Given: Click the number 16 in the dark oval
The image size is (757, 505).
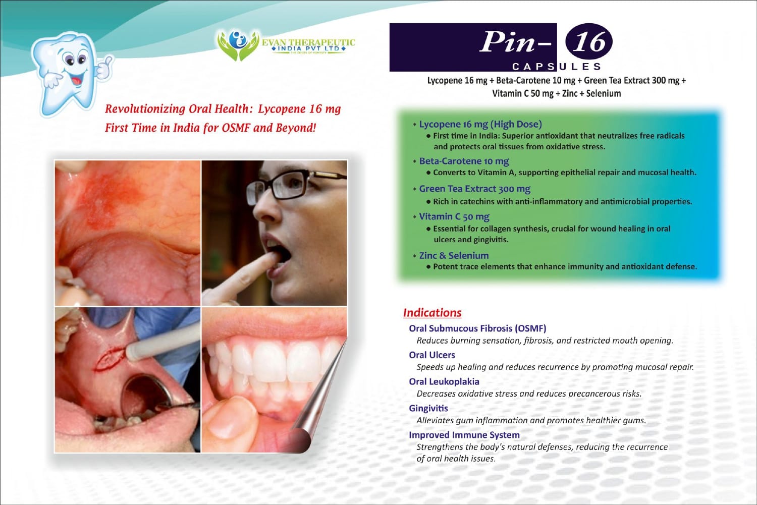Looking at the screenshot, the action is pos(589,41).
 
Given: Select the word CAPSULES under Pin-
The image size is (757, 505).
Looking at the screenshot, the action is pos(556,66).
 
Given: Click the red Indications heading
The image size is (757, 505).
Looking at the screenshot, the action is pos(432,312).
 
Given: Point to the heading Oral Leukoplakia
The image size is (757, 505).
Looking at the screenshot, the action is pos(444,381).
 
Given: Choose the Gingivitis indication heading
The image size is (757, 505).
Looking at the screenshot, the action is pos(428,408).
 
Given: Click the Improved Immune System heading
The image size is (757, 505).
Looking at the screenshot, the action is pos(464,435).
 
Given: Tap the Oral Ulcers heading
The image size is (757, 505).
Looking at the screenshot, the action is pos(432,355).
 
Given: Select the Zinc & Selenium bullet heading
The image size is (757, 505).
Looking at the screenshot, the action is pos(454,255).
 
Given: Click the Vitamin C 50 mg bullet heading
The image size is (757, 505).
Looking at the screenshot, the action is pos(454,216).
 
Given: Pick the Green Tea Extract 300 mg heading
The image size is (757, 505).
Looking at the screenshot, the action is pos(475,189).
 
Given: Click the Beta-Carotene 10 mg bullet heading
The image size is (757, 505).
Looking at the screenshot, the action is pos(464,161).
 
